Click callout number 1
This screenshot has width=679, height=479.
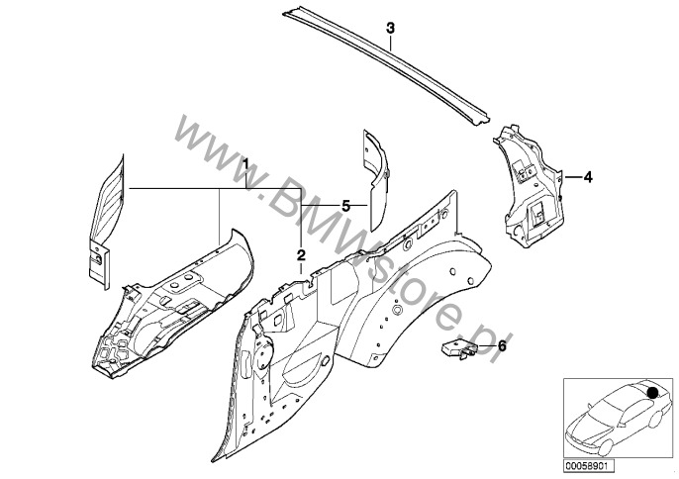click(245, 164)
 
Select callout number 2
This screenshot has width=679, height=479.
click(301, 254)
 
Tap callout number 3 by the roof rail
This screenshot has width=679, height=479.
click(390, 29)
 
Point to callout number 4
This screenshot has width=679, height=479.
click(588, 177)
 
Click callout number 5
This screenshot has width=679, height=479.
click(345, 206)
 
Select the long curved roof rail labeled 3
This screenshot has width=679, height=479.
click(387, 64)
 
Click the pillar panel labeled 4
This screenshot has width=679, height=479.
click(528, 186)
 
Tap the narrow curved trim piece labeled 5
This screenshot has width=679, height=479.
click(376, 178)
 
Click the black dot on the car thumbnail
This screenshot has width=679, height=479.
click(651, 392)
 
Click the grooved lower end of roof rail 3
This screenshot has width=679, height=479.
click(480, 118)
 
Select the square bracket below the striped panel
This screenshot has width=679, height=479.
click(99, 265)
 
